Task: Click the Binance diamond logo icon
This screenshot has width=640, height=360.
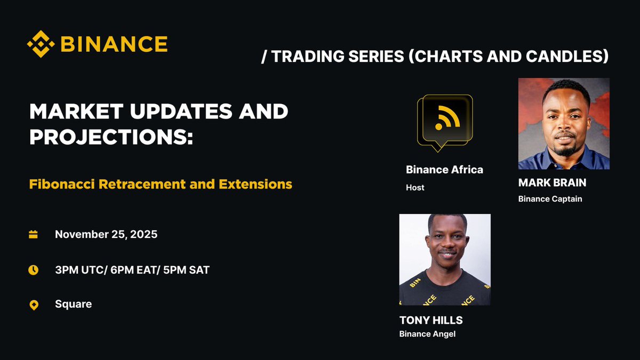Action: click(41, 44)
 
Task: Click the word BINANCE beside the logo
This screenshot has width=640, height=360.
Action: click(114, 44)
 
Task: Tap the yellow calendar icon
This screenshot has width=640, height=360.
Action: click(34, 234)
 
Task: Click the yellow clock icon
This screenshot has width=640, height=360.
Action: click(34, 270)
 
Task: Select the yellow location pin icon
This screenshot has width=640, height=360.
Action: click(34, 305)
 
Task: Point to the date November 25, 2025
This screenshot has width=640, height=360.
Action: click(106, 234)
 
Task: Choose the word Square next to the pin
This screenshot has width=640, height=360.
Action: click(73, 304)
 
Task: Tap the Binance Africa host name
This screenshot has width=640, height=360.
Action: click(444, 170)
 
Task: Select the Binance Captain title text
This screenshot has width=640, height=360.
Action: click(550, 199)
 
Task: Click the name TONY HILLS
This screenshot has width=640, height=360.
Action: click(431, 320)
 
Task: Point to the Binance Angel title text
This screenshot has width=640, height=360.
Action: click(427, 334)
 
